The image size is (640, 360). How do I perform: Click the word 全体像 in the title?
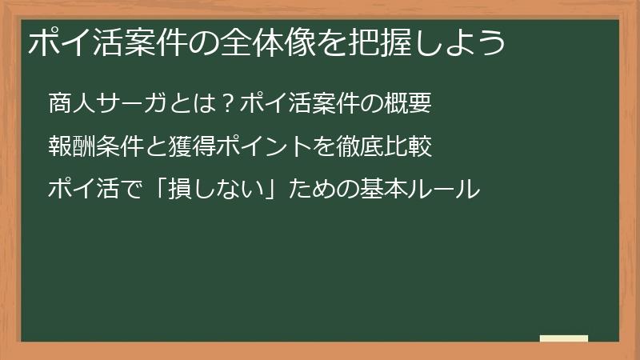tap(248, 42)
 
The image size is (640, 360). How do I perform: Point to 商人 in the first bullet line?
tap(70, 104)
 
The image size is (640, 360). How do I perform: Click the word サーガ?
tap(130, 104)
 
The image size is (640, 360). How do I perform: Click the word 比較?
tap(409, 147)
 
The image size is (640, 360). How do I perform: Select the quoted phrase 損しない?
tap(216, 190)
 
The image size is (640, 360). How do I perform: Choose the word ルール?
tap(444, 190)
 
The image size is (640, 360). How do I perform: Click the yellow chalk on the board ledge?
tap(563, 338)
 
